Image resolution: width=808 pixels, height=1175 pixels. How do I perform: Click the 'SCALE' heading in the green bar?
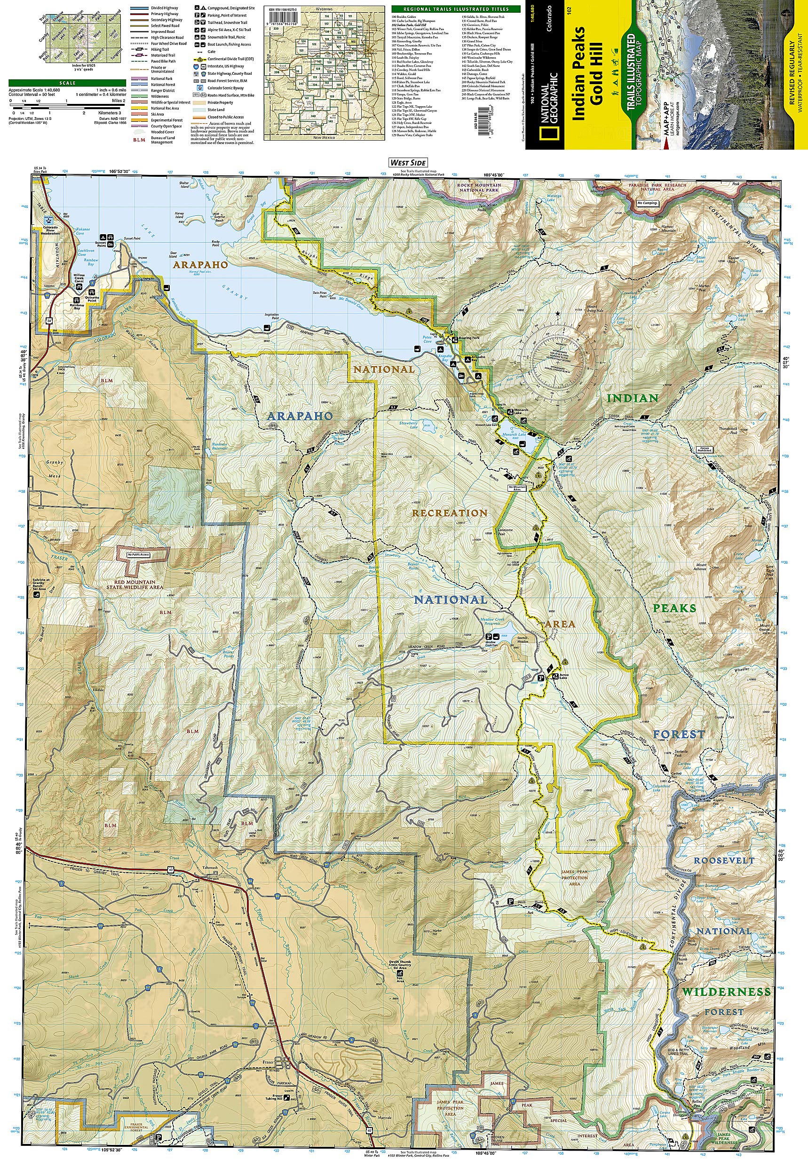pos(67,83)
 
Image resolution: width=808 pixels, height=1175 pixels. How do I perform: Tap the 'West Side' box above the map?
pos(408,162)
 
